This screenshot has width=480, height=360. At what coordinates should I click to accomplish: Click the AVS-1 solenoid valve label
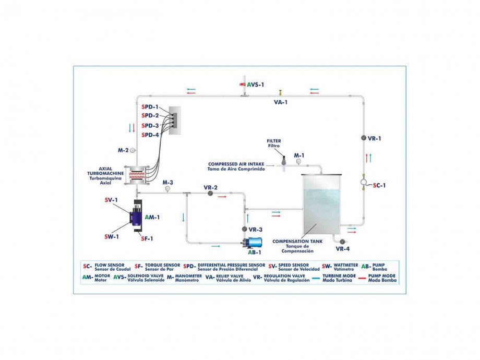coord(255,85)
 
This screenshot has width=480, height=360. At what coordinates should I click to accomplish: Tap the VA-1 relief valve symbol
coord(280,92)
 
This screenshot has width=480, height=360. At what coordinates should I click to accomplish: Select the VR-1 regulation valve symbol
coord(363,138)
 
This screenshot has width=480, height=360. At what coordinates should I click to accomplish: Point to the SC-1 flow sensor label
coord(379,185)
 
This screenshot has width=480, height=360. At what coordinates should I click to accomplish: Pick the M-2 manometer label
coord(123,150)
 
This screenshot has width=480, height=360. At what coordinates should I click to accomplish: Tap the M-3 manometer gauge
coord(167,189)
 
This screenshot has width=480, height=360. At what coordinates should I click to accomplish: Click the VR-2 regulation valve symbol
coord(210,194)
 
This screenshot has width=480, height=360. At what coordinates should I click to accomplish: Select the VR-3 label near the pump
coord(255,230)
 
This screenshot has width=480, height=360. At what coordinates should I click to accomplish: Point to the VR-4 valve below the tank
coord(342,242)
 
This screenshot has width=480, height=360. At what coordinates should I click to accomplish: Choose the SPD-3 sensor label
coord(150,126)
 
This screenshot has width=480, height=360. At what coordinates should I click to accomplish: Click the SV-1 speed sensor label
coord(111,200)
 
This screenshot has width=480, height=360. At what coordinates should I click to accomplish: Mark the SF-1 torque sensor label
coord(147,238)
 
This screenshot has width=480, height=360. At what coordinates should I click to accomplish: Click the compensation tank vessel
coord(321,204)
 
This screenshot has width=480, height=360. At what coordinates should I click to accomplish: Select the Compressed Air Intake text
coord(236,164)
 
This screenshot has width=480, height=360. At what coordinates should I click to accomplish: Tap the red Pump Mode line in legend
coord(362,278)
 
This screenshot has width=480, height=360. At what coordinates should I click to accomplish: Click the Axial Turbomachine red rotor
coord(136,175)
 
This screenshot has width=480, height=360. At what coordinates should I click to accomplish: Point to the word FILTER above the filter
coord(274,141)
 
